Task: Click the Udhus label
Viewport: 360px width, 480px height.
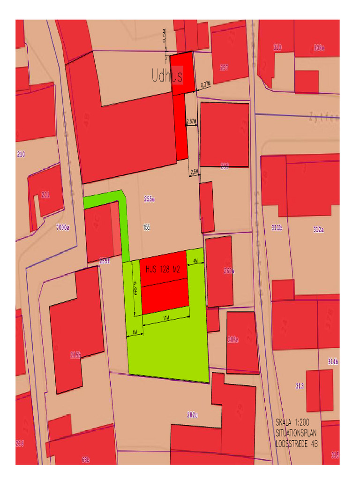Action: [167, 75]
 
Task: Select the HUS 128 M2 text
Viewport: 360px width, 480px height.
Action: [163, 270]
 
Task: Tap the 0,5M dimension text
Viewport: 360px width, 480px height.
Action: [164, 36]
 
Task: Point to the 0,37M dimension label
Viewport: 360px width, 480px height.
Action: [206, 85]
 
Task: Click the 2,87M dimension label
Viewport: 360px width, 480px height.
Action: [191, 121]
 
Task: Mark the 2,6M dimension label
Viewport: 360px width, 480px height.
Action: [195, 172]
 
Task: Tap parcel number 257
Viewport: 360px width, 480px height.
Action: [224, 67]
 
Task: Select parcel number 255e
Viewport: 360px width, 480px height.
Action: [149, 199]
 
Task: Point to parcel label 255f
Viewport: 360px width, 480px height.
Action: [104, 261]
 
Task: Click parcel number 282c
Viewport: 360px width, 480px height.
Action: [192, 414]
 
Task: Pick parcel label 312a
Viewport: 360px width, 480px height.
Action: [318, 230]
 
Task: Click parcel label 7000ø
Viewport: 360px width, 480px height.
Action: [62, 228]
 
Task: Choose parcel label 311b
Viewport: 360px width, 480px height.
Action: [277, 228]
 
